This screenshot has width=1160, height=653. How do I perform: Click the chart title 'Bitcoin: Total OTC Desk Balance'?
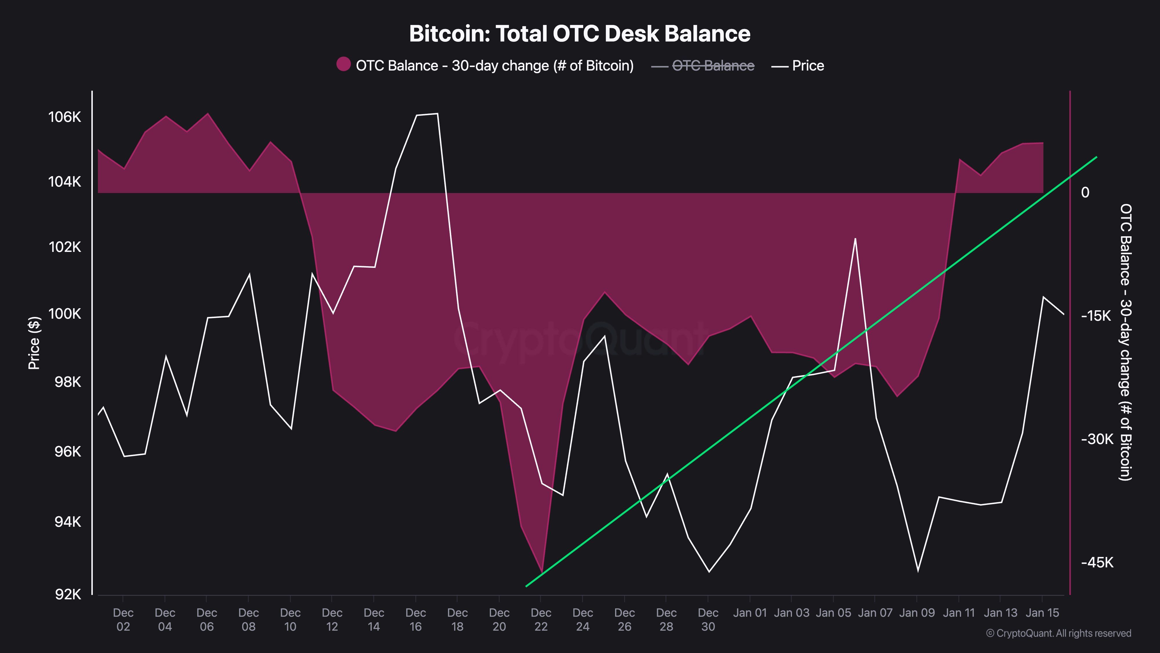[x=579, y=34]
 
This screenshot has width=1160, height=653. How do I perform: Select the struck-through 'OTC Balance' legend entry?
[x=713, y=66]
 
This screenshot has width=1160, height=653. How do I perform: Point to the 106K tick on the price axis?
[x=64, y=117]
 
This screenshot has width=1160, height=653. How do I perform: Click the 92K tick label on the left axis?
[x=68, y=594]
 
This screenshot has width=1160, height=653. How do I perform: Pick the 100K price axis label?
[x=64, y=314]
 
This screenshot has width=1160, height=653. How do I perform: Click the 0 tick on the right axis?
[x=1085, y=192]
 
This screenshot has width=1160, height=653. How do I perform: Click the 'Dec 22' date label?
[x=541, y=619]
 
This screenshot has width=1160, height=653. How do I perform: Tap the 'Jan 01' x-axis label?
[x=750, y=613]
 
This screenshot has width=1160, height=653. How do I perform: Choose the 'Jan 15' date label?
[x=1042, y=613]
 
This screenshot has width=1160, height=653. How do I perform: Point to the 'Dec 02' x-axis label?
[x=123, y=619]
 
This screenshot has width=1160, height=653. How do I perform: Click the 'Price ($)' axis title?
[x=34, y=343]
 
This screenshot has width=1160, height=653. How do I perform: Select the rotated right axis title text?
[x=1125, y=342]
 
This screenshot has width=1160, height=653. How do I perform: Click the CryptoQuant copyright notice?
[x=1058, y=633]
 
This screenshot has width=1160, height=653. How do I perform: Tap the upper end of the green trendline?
[x=1096, y=157]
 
